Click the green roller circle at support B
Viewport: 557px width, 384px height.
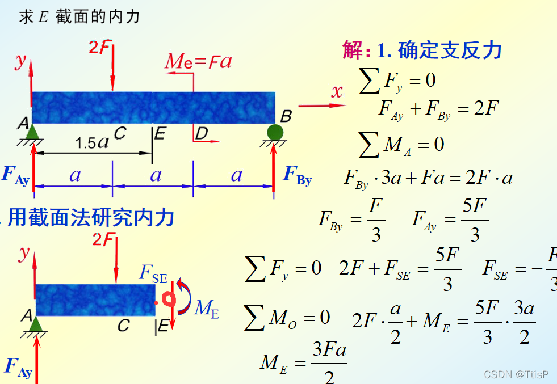point(275,132)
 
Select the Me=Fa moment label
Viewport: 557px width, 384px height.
point(198,61)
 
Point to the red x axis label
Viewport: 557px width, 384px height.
point(338,91)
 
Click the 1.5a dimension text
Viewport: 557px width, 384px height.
point(92,143)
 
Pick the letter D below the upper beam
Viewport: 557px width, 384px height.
point(202,134)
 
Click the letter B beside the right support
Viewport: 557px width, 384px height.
point(287,117)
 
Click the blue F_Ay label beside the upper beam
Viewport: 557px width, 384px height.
point(15,175)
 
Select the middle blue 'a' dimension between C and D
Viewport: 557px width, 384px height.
point(155,175)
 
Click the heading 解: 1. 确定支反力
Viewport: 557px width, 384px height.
point(422,50)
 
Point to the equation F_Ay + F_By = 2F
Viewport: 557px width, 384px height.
point(438,108)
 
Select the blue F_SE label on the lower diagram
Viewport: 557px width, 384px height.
point(153,273)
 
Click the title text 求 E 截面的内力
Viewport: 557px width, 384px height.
point(79,17)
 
